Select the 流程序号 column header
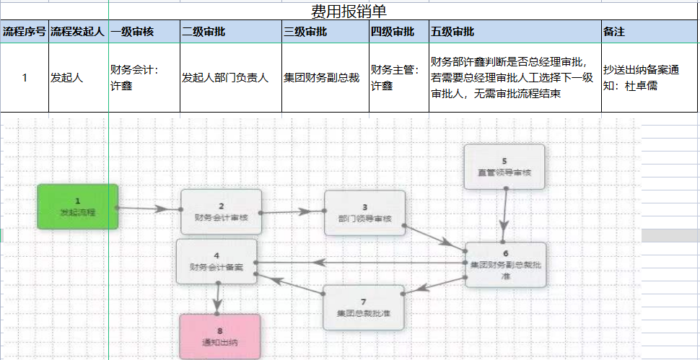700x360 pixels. [25, 32]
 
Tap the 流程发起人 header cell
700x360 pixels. [78, 32]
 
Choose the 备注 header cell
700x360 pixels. [613, 32]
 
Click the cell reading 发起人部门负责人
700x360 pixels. [225, 78]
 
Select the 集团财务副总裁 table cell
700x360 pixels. [322, 78]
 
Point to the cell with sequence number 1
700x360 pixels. [25, 78]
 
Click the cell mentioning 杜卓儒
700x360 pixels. [641, 78]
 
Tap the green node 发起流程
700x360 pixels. [78, 206]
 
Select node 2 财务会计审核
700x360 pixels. [220, 211]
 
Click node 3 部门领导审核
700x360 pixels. [364, 213]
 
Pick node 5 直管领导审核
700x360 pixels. [504, 167]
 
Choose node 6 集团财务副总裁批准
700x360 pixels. [505, 264]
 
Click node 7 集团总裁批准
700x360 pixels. [363, 307]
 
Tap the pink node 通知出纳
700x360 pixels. [220, 336]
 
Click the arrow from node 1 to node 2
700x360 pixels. [149, 209]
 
